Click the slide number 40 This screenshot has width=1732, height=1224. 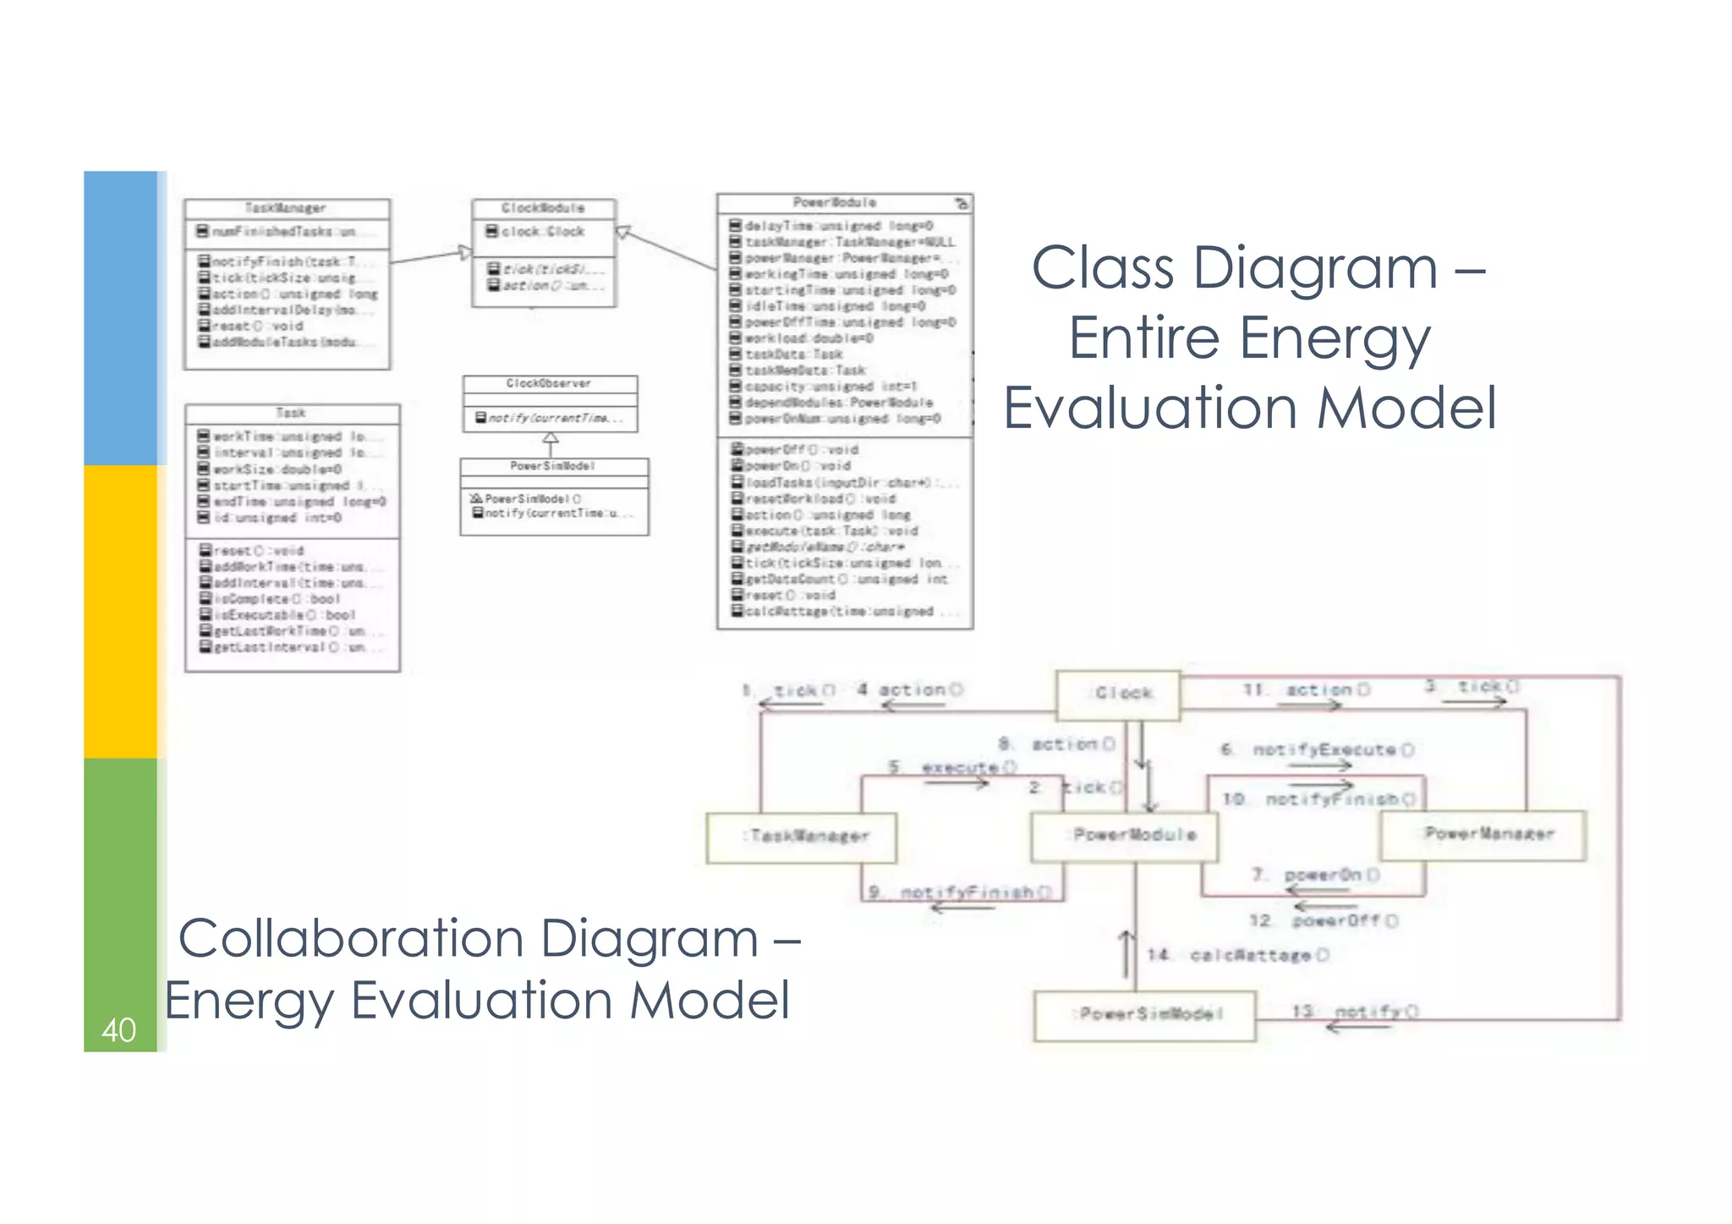coord(118,1029)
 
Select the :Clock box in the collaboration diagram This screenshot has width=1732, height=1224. coord(1118,694)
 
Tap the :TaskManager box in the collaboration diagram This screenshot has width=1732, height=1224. coord(801,837)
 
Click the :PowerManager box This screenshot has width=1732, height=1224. coord(1483,835)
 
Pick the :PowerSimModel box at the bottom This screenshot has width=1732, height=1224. coord(1144,1014)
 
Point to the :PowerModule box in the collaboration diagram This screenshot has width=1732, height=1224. coord(1125,836)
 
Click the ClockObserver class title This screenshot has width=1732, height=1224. coord(549,384)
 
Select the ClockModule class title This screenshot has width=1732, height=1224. coord(543,208)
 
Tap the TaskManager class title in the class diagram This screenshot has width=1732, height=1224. coord(286,208)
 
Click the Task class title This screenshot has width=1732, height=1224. coord(291,413)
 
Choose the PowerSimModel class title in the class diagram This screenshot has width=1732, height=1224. coord(553,466)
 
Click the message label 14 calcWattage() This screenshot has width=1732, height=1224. coord(1237,955)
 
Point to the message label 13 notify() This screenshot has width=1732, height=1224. coord(1355,1011)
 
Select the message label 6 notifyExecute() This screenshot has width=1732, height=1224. coord(1317,749)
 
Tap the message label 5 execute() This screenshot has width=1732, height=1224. coord(951,767)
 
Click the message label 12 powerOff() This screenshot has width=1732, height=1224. coord(1324,920)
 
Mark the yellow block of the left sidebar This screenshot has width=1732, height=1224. coord(120,611)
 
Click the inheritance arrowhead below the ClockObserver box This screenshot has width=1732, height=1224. coord(551,439)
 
